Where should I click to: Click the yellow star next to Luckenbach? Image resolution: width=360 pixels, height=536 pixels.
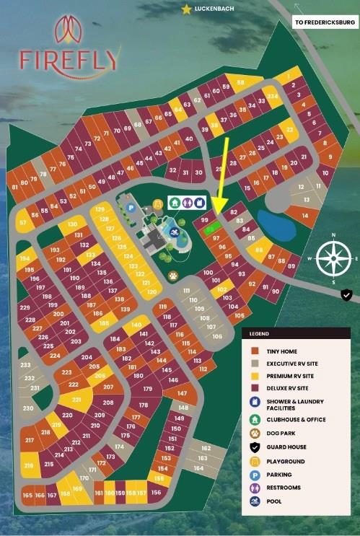coord(187,9)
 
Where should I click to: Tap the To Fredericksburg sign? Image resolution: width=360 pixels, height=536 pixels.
coord(325,22)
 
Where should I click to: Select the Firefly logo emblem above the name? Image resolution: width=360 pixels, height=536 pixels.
coord(69,30)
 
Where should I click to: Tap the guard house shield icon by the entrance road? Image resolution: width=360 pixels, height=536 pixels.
coord(347,294)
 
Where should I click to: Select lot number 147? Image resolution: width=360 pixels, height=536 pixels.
coord(183,394)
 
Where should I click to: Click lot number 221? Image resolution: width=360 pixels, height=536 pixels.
coord(74,399)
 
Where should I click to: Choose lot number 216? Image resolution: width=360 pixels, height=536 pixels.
coord(30,466)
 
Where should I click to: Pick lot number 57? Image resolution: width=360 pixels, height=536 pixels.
coord(24,223)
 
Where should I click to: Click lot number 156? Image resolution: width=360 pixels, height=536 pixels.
coord(156,493)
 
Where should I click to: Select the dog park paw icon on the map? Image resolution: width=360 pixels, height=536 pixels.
coord(173,275)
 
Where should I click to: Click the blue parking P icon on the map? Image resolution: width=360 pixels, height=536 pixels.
coord(131,208)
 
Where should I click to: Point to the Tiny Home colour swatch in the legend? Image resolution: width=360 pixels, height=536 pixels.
coord(254,351)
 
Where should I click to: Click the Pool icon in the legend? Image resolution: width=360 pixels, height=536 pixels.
coord(254,501)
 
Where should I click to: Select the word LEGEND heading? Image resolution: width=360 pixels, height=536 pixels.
coord(259,335)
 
